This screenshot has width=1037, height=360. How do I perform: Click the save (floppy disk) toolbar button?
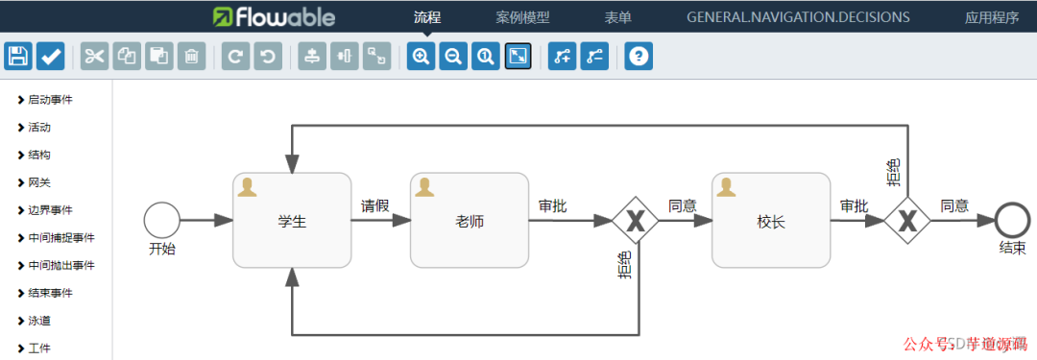18,56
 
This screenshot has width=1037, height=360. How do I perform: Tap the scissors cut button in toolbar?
94,56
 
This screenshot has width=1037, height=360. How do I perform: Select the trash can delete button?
192,56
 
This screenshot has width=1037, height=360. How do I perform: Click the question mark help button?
639,56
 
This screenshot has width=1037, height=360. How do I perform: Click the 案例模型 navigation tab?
522,16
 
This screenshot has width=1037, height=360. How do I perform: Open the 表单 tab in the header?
617,16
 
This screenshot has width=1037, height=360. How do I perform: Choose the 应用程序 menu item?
992,16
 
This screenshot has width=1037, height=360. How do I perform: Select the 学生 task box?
292,221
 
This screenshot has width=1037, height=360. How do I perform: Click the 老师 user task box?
469,221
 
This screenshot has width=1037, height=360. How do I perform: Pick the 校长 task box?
770,221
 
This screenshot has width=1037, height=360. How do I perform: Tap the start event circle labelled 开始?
162,220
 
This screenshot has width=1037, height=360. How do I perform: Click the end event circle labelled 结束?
1012,220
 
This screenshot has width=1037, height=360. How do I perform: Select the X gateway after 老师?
635,221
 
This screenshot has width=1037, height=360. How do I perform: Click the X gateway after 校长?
907,221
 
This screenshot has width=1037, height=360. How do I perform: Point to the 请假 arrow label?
374,205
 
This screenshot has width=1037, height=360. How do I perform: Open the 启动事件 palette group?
50,99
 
